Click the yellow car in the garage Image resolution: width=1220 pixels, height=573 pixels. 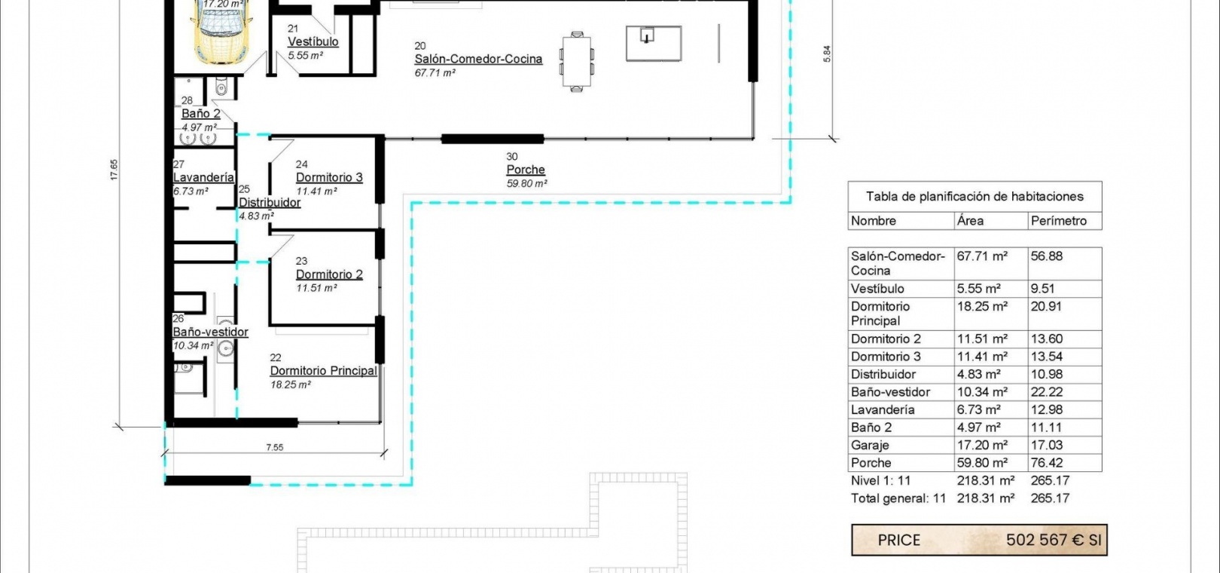[221, 32]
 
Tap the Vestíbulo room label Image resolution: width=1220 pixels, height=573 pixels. [313, 42]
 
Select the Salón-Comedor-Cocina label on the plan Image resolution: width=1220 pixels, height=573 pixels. [478, 59]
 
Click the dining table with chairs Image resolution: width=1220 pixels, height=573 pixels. [577, 61]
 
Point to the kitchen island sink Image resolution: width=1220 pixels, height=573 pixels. [646, 35]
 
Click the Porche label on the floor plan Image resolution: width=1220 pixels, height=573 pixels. [526, 170]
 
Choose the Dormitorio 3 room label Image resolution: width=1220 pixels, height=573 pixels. [329, 177]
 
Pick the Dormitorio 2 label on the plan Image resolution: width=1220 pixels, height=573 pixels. [329, 274]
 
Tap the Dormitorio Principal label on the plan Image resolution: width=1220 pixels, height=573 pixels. [324, 371]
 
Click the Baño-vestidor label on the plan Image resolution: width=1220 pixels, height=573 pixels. [210, 332]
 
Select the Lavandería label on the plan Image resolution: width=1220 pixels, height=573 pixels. [203, 177]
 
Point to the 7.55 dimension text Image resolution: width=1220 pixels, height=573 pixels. [274, 448]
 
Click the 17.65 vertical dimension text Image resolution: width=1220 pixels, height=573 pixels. [114, 170]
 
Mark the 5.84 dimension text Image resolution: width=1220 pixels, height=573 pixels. [827, 54]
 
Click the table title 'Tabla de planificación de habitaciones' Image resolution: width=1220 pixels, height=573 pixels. [975, 196]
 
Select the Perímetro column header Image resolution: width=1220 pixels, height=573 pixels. [1059, 221]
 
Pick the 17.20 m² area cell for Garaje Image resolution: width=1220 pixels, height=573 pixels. [982, 446]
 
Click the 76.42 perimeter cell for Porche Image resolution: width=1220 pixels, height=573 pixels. [1046, 463]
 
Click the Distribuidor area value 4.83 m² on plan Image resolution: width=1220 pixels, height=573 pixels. [256, 216]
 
